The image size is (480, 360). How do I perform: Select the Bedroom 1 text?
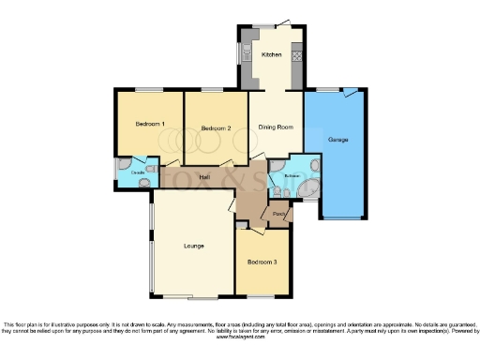click(149, 124)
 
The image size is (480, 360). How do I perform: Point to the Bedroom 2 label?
click(215, 127)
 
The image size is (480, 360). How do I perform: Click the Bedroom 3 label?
click(262, 262)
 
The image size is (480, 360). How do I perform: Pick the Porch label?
click(278, 215)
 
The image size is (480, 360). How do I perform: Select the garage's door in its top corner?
click(351, 92)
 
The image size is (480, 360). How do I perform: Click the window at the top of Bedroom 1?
click(147, 90)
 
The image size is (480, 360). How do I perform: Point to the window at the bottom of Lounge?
click(202, 298)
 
